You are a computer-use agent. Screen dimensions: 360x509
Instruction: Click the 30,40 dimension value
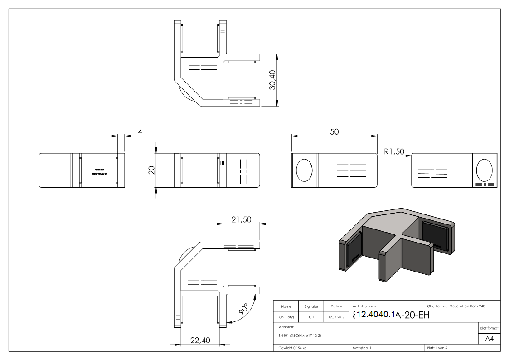[x=272, y=80]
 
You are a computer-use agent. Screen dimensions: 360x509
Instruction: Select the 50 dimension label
[x=334, y=131]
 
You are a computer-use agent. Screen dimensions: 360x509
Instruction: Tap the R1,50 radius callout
[x=393, y=151]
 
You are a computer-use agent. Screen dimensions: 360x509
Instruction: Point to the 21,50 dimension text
[x=242, y=219]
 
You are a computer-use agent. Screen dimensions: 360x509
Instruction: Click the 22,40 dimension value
[x=199, y=341]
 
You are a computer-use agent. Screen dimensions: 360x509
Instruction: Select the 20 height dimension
[x=152, y=170]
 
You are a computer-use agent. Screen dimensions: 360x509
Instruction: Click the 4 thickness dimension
[x=140, y=131]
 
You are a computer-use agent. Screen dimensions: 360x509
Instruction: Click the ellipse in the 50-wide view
[x=304, y=170]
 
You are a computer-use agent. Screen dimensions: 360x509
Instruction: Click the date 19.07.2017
[x=336, y=317]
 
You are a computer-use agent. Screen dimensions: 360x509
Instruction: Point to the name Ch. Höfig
[x=286, y=317]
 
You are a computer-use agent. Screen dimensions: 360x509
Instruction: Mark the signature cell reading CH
[x=311, y=317]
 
